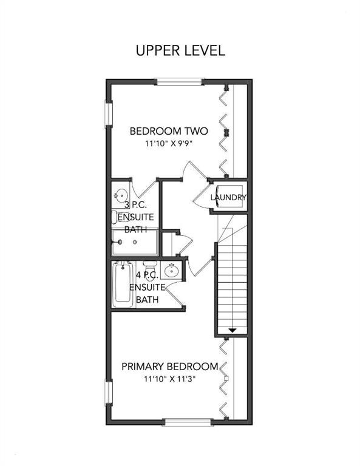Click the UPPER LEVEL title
pos(180,50)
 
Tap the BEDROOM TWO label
pos(169,131)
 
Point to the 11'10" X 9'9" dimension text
pos(169,144)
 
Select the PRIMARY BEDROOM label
pos(169,366)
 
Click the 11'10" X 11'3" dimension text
pos(169,379)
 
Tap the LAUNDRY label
pos(228,197)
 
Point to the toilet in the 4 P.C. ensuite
pos(148,268)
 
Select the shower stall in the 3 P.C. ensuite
pos(134,242)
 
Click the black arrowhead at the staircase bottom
pos(231,330)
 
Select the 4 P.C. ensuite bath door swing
pos(174,297)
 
